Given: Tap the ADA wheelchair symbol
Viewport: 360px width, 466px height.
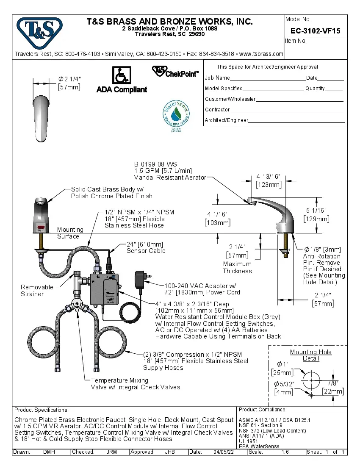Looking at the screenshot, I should click(x=121, y=75).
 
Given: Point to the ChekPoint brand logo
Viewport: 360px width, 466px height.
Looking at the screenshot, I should click(x=175, y=72).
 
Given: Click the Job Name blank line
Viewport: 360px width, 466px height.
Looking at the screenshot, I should click(x=268, y=78).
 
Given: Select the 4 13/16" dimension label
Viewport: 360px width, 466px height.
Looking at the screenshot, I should click(x=268, y=177).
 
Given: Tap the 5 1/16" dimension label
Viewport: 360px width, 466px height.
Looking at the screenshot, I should click(x=316, y=211).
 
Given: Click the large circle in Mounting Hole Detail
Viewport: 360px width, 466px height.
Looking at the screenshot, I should click(x=311, y=380).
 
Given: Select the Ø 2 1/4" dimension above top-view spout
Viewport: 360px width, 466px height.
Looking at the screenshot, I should click(x=69, y=79).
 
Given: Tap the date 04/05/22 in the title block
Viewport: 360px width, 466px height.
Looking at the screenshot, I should click(x=224, y=452).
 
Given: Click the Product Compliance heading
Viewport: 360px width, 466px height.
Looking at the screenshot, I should click(x=263, y=410).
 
